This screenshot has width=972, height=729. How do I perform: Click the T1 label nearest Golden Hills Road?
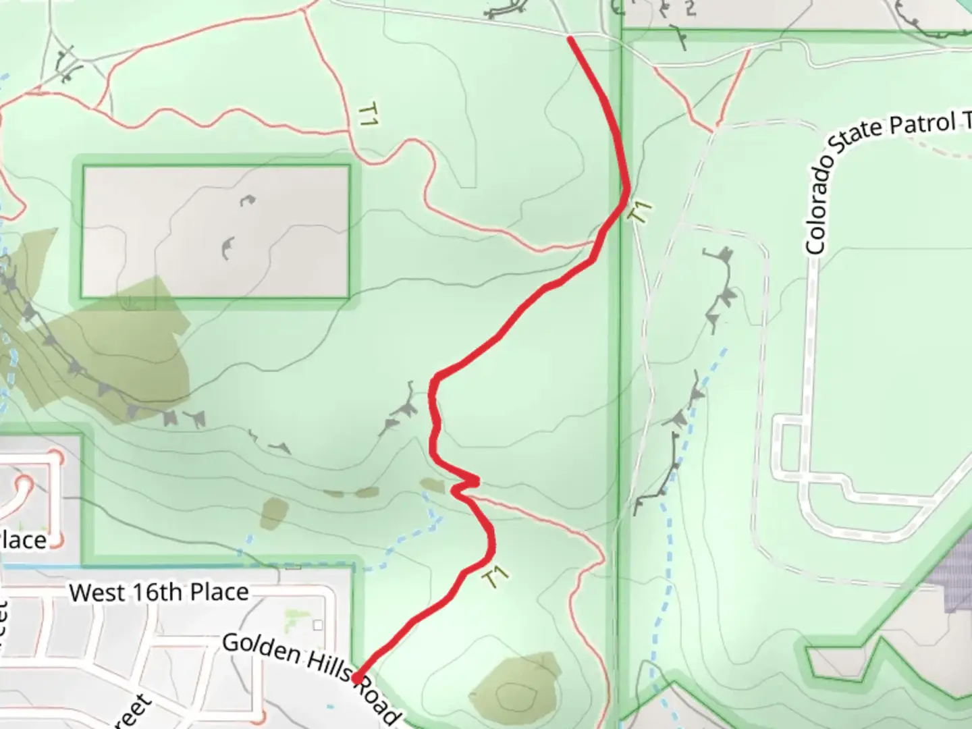coord(495,578)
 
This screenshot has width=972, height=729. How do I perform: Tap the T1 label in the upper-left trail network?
coord(368,114)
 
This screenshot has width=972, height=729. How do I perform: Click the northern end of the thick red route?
coord(571,40)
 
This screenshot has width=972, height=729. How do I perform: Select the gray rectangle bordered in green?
coord(215,231)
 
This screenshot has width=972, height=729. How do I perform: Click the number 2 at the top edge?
coord(689,9)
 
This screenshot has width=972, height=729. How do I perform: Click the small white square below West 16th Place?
coord(318,625)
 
